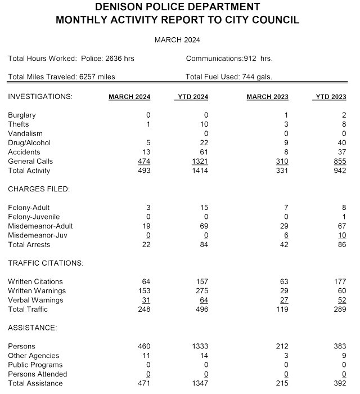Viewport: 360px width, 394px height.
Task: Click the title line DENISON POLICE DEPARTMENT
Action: click(177, 7)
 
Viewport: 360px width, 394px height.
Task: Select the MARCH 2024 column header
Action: click(129, 97)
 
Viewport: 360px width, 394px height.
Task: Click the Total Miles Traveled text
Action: click(62, 77)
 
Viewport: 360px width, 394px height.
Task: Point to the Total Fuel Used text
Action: click(229, 77)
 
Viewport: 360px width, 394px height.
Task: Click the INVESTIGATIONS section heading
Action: click(40, 97)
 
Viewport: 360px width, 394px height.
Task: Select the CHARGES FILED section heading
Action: click(38, 189)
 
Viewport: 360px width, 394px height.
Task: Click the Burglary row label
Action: click(21, 115)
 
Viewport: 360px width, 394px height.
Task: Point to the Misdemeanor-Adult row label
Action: click(40, 226)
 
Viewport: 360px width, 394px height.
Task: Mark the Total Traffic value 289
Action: click(339, 309)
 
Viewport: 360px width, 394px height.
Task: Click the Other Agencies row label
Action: click(33, 356)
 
